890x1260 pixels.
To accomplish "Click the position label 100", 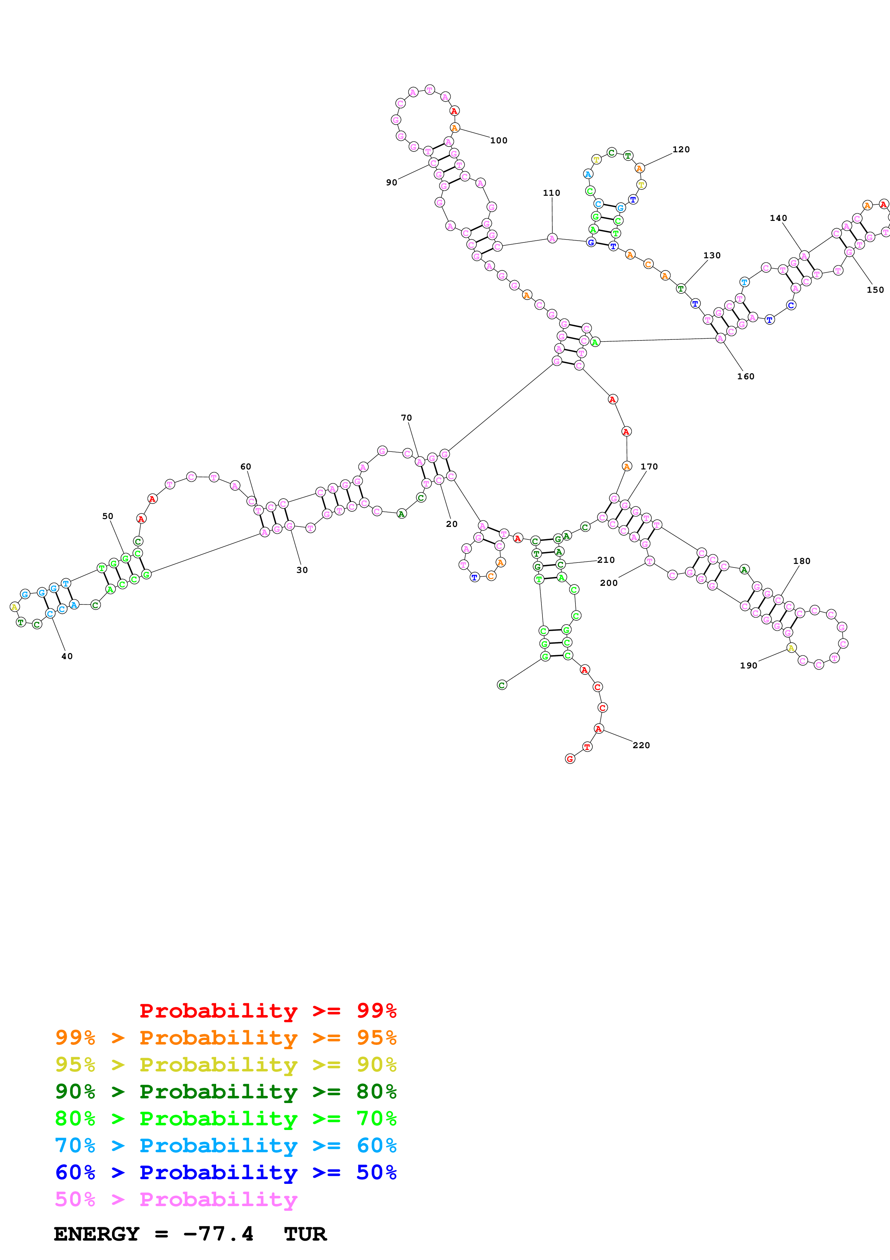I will [498, 140].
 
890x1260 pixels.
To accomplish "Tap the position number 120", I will [681, 149].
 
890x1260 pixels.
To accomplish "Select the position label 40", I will [67, 656].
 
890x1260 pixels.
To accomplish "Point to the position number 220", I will [641, 745].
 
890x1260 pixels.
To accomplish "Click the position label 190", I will [749, 666].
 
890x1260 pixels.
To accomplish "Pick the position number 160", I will [745, 376].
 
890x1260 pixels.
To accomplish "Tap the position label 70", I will [406, 418].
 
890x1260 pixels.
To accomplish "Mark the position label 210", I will [606, 560].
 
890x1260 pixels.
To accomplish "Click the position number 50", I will [107, 516].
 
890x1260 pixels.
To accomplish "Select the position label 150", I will [875, 290].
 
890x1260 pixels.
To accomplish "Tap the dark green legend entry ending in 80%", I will [225, 1092].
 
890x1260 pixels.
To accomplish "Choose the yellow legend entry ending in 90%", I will [225, 1065].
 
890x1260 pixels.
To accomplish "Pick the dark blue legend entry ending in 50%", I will [225, 1172].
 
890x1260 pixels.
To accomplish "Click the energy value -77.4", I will [218, 1234].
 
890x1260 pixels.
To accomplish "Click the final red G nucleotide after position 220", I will [570, 759].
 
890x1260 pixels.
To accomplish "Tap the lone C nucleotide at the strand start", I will [502, 685].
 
